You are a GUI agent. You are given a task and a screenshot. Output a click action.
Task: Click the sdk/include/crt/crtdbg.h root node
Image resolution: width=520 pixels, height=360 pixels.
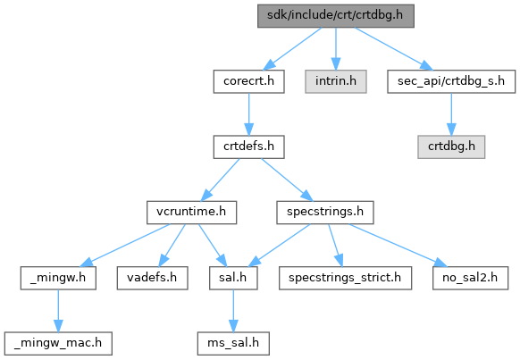point(336,16)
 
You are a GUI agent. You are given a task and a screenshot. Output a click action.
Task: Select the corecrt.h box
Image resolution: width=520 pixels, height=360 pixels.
point(248,81)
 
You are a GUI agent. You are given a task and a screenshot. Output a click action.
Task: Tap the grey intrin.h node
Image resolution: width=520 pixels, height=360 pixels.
point(336,81)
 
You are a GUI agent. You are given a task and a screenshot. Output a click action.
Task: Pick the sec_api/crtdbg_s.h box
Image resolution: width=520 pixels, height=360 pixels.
point(451,81)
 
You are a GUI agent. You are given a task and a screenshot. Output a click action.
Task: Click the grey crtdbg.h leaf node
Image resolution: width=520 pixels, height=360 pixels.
point(451,147)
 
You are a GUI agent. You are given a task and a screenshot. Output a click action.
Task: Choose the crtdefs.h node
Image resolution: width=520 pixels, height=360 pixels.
point(248,147)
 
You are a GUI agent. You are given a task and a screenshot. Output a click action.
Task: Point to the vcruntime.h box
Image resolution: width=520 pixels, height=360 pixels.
point(192,212)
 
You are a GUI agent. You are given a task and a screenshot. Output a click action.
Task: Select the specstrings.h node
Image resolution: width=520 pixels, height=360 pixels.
point(325,212)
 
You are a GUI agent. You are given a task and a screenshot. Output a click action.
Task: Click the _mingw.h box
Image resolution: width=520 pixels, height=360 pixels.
point(58,278)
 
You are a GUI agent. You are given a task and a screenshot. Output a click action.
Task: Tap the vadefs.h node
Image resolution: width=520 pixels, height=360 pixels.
point(152,278)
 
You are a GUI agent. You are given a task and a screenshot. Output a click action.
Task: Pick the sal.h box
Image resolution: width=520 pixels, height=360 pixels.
point(233,278)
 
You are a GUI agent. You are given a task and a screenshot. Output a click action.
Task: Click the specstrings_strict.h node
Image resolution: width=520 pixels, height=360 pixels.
point(345,278)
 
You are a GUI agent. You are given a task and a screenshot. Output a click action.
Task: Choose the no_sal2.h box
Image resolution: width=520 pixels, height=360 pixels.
point(470,278)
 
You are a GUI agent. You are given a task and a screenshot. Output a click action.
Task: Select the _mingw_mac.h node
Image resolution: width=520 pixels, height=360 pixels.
point(58,343)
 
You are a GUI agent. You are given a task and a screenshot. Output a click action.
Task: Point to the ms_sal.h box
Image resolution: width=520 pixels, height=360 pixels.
point(233,343)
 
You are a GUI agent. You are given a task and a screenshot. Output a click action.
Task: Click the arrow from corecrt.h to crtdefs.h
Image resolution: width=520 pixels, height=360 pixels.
point(248,114)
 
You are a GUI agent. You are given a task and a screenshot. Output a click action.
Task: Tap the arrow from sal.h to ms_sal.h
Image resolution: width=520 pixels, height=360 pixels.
point(233,311)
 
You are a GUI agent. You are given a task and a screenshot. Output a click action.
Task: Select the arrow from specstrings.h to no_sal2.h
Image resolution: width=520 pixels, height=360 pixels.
point(398,246)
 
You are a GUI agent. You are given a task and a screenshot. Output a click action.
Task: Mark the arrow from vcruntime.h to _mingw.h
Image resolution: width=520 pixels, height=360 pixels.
point(125,246)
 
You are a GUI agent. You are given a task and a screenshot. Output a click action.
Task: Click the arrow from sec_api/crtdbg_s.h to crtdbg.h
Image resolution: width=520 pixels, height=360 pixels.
point(451,114)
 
